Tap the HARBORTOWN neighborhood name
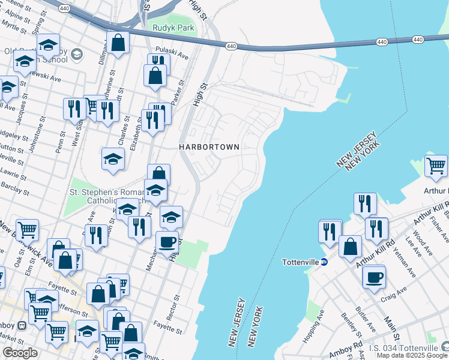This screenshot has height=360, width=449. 209,147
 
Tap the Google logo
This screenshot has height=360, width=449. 20,352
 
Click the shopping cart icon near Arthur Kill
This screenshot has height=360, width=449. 436,165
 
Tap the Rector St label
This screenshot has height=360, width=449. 176,306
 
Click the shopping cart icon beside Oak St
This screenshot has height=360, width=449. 27,229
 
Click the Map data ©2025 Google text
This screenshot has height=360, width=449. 412,355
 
